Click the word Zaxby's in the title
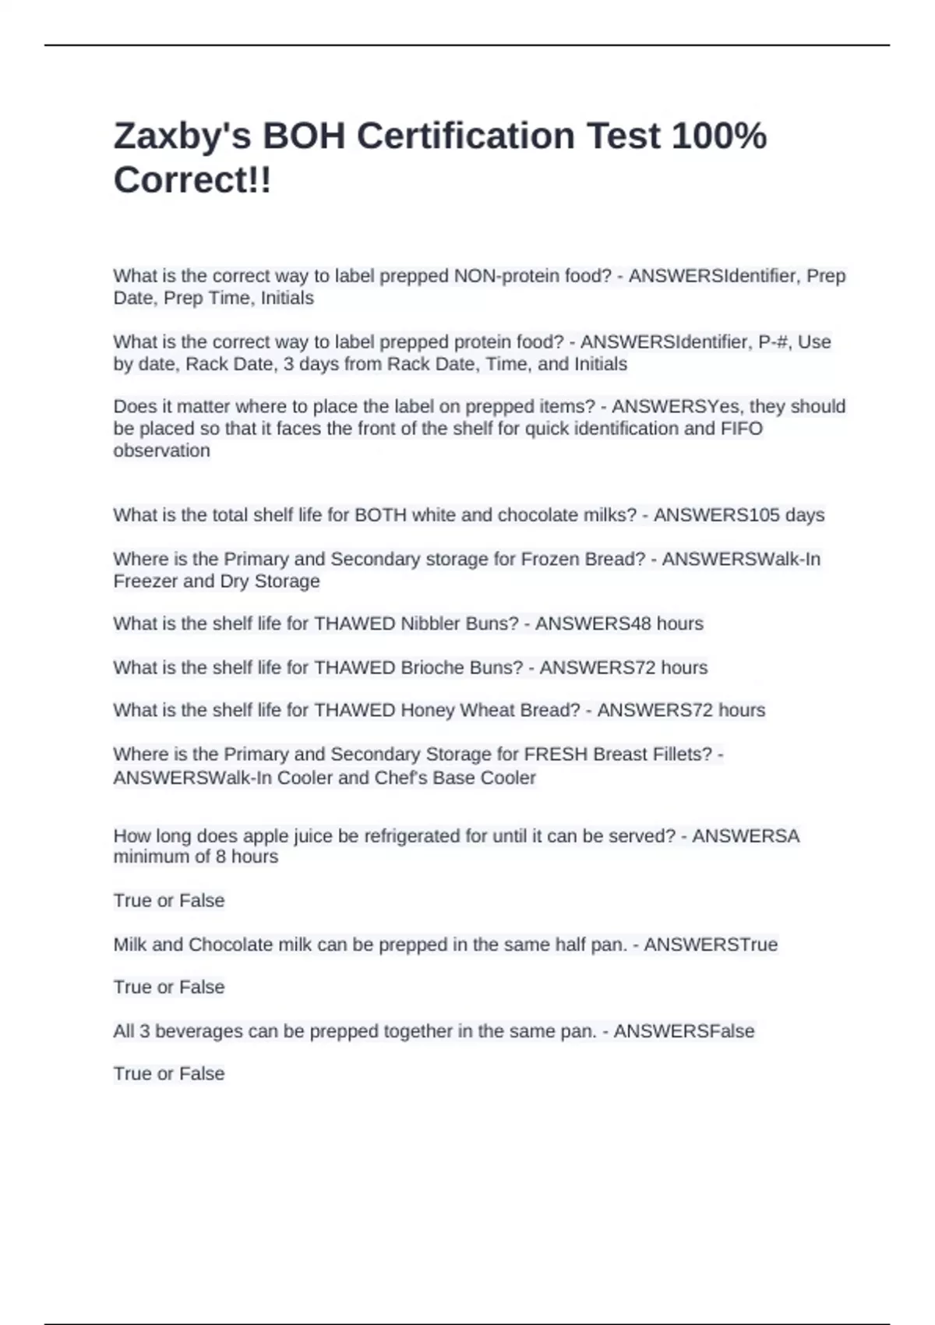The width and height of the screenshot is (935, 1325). click(182, 136)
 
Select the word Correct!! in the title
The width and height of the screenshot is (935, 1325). click(192, 180)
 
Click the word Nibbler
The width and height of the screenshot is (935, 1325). click(429, 624)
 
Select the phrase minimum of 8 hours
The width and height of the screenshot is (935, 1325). click(196, 857)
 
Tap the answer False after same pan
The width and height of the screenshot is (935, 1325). click(731, 1031)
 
